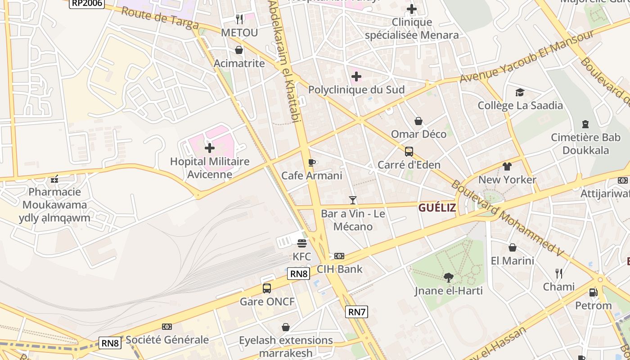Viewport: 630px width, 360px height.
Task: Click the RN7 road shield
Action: [356, 311]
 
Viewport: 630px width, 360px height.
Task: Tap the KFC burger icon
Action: [301, 243]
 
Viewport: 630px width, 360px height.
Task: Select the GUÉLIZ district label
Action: [437, 207]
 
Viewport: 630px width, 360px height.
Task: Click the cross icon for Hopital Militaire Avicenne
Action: [209, 148]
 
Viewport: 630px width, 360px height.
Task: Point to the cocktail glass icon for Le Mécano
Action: [353, 200]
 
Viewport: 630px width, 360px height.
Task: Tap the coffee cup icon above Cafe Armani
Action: [312, 162]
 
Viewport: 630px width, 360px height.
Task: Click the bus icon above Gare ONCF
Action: [267, 288]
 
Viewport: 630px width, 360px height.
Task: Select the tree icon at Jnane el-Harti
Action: [448, 277]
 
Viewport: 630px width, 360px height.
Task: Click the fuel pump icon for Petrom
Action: [593, 292]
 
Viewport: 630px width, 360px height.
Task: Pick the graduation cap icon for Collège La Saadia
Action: [520, 92]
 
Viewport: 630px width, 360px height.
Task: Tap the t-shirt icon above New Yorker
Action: [507, 166]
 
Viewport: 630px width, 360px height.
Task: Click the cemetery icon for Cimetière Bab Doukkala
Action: [585, 124]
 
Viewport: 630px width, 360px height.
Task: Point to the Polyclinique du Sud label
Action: [356, 90]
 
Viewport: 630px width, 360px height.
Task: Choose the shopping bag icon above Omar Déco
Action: [418, 121]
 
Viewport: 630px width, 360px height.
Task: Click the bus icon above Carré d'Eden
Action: [409, 152]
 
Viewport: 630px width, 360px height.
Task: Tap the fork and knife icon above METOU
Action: [239, 19]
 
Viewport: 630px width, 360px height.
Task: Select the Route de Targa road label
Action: [160, 18]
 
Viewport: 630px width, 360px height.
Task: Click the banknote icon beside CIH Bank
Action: [339, 256]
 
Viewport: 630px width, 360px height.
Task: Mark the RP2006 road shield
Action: [87, 4]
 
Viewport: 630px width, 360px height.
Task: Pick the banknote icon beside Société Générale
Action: [167, 327]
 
